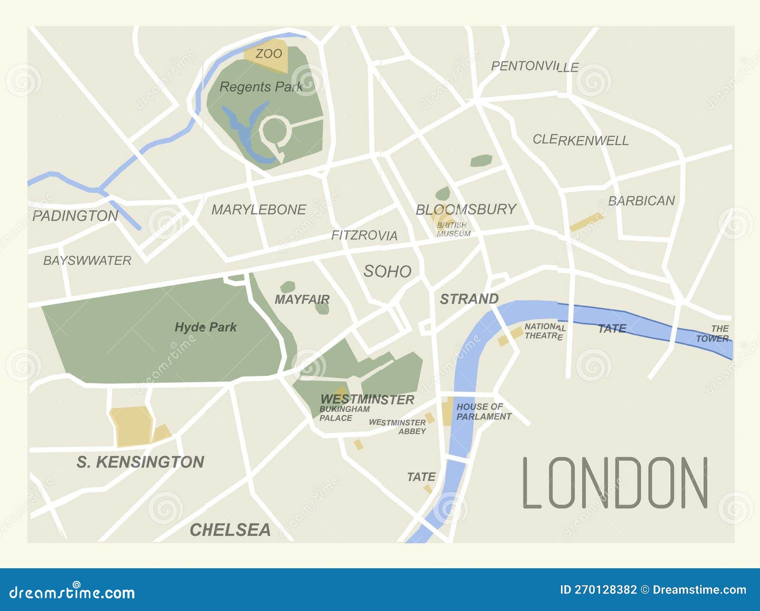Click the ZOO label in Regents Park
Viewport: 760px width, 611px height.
click(x=269, y=54)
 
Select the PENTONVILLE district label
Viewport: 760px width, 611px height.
click(x=534, y=66)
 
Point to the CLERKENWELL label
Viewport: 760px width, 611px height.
click(x=580, y=140)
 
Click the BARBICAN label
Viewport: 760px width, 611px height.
click(x=641, y=201)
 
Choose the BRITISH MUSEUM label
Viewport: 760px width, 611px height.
click(x=453, y=229)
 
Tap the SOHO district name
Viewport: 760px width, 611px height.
click(x=387, y=271)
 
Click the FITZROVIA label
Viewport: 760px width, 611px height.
click(x=364, y=235)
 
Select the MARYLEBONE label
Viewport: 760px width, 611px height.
click(x=259, y=209)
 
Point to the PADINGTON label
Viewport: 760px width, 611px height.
click(x=75, y=216)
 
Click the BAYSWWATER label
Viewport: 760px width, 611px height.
click(x=87, y=260)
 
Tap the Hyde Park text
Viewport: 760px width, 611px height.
click(x=205, y=327)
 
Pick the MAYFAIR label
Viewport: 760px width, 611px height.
click(x=302, y=300)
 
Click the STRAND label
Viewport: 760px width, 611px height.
click(x=469, y=299)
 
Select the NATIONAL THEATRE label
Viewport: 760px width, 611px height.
click(x=544, y=331)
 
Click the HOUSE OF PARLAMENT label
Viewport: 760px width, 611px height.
click(x=483, y=412)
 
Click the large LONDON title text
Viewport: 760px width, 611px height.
click(x=615, y=483)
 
